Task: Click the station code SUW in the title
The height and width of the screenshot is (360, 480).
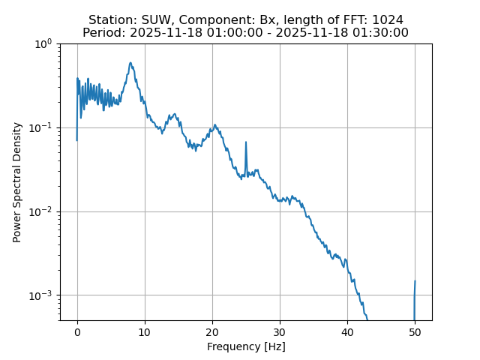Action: [154, 19]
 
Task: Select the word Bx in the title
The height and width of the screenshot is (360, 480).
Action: [254, 19]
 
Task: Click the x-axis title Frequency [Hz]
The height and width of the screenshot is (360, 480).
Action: [246, 346]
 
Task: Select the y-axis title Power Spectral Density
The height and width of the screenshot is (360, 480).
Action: [17, 182]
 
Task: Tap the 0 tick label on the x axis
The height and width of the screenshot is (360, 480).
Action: [77, 332]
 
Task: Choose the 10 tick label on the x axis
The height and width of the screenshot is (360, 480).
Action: [145, 332]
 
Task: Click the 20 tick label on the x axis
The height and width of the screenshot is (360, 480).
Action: [212, 332]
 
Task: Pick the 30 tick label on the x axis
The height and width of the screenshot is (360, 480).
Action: [280, 332]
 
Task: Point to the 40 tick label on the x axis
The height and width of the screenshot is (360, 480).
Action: [347, 332]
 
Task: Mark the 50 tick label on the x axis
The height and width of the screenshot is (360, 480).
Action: [415, 332]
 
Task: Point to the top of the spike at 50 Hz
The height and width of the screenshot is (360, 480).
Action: [415, 281]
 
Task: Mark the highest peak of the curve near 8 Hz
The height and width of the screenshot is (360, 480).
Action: [130, 63]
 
